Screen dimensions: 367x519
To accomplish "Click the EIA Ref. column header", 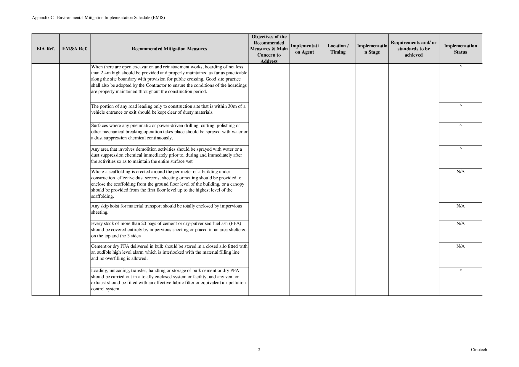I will pyautogui.click(x=46, y=49).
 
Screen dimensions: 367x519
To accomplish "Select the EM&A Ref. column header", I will pyautogui.click(x=75, y=49).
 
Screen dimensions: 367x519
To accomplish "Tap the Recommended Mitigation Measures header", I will pyautogui.click(x=169, y=49).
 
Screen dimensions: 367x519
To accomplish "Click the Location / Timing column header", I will pyautogui.click(x=338, y=49).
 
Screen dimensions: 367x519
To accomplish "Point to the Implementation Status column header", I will pyautogui.click(x=460, y=49).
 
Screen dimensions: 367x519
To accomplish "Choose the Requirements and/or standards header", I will pyautogui.click(x=413, y=49).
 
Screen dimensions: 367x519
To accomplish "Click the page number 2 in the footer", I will pyautogui.click(x=259, y=350).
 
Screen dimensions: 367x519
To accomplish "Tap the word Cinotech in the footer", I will pyautogui.click(x=479, y=350).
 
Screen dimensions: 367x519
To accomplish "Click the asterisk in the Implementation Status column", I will pyautogui.click(x=461, y=271).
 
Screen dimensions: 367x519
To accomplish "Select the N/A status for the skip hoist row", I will pyautogui.click(x=460, y=206).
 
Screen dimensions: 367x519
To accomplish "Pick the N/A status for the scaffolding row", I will pyautogui.click(x=460, y=172).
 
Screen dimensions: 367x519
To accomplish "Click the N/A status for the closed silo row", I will pyautogui.click(x=460, y=246).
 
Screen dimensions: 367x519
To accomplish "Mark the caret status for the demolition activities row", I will pyautogui.click(x=461, y=149).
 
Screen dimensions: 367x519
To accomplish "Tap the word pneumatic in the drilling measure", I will pyautogui.click(x=138, y=125).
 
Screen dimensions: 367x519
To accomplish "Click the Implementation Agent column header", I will pyautogui.click(x=304, y=49).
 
